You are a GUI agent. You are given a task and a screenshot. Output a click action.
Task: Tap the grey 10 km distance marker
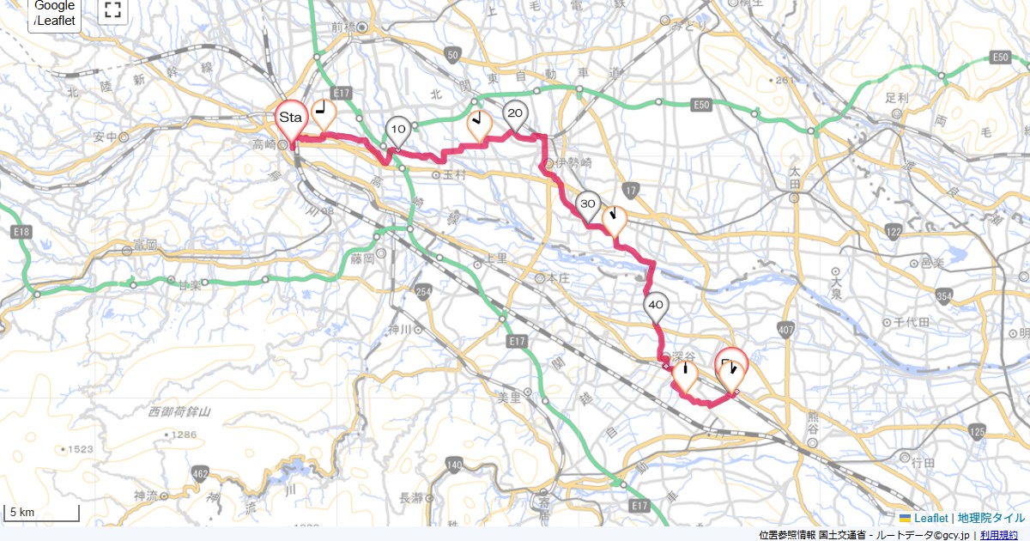(x=397, y=130)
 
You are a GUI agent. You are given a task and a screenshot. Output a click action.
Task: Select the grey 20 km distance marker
(x=515, y=113)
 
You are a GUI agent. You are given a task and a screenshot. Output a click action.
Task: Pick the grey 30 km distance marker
(x=588, y=204)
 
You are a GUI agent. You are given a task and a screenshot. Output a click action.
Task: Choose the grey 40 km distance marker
(x=656, y=306)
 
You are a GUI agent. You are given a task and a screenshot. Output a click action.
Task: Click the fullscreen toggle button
(x=112, y=10)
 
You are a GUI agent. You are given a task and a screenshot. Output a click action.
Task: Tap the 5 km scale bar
(x=43, y=514)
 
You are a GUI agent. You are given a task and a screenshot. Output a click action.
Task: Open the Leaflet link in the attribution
(x=930, y=518)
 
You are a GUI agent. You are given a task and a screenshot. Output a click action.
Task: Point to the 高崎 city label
(x=264, y=143)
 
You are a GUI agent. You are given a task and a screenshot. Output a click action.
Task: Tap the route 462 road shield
(x=201, y=474)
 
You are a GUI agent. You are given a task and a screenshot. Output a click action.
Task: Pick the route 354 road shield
(x=945, y=297)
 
